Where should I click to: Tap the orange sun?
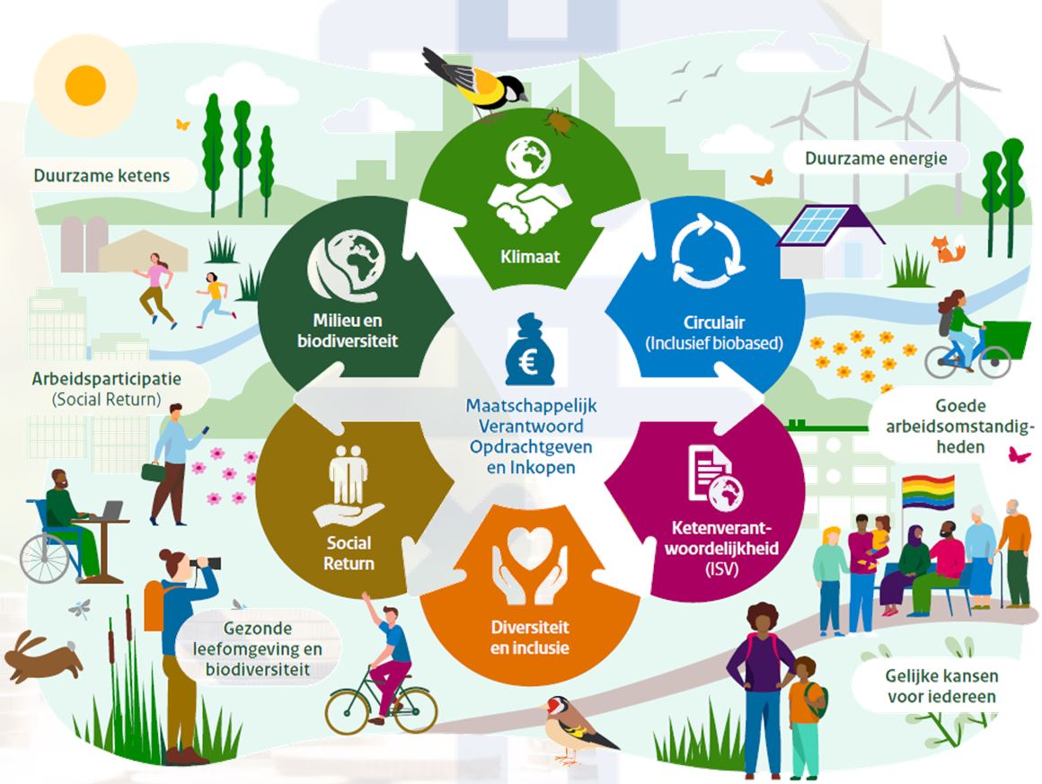85,85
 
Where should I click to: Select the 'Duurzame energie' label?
876,159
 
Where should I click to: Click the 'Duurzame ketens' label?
102,176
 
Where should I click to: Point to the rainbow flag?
928,492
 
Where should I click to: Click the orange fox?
947,249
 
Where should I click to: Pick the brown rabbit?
41,657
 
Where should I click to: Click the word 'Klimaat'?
530,257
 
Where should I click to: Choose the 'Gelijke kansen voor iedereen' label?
941,686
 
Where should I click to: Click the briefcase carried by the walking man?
153,471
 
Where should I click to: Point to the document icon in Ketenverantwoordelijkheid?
709,471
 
